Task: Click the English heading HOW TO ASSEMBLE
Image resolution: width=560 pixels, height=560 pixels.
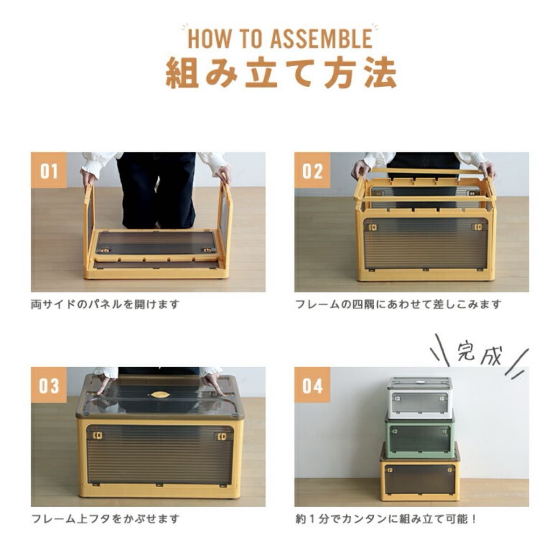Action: tap(280, 38)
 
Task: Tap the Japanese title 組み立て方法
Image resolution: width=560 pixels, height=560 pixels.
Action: tap(281, 73)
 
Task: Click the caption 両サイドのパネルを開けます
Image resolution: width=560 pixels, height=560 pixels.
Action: tap(105, 304)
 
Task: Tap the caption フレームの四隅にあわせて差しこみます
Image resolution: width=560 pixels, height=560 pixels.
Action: tap(399, 304)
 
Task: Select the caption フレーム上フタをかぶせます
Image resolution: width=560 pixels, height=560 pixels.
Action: tap(105, 518)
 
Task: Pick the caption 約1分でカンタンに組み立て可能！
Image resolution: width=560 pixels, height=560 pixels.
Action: tap(386, 518)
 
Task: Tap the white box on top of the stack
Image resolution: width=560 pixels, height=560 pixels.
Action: tap(420, 396)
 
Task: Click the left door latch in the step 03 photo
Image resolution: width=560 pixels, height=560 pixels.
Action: tap(99, 436)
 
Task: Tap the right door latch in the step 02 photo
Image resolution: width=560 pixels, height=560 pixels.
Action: tap(478, 227)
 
